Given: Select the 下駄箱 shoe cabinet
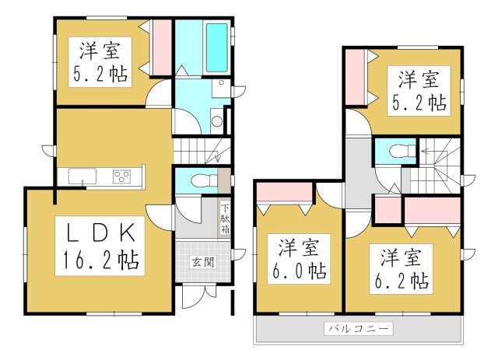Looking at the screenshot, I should [224, 219].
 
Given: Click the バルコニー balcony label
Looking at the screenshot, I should [359, 329].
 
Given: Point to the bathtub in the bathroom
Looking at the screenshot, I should [216, 48].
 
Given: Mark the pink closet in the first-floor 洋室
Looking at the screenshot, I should [161, 47].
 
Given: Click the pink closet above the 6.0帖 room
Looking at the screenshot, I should [286, 191].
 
